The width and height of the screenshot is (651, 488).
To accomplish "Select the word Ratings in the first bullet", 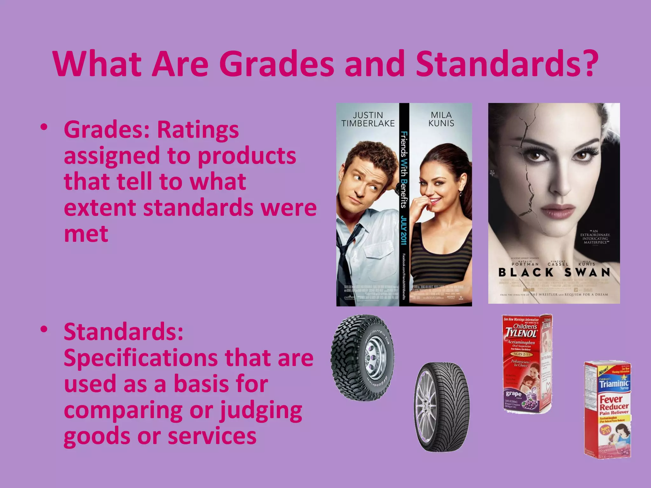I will [x=198, y=130].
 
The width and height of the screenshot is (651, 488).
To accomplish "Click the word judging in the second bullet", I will [x=261, y=410].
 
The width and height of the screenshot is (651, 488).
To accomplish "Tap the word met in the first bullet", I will [x=86, y=234].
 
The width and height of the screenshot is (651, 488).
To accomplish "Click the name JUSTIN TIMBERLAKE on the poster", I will [x=368, y=119].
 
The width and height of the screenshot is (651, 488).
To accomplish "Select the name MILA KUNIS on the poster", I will [x=441, y=119].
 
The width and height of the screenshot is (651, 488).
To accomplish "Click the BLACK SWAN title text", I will [x=554, y=273].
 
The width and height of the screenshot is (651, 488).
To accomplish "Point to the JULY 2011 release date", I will [x=404, y=230].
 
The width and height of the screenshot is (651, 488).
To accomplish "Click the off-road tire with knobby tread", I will [x=362, y=357].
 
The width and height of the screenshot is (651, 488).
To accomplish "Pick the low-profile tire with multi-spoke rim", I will [x=442, y=407].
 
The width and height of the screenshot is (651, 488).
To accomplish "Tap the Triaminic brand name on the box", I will [x=614, y=384].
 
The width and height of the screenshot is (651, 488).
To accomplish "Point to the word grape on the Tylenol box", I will [x=513, y=394].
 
